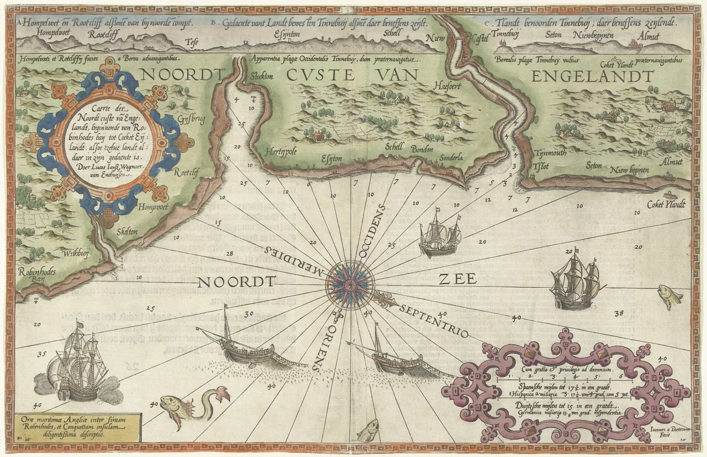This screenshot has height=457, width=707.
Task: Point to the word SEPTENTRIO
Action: [x=434, y=321]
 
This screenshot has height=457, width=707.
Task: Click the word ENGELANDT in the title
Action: [x=592, y=77]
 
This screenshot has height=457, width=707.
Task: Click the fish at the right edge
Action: [x=669, y=296]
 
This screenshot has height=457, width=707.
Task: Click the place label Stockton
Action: [x=263, y=77]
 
